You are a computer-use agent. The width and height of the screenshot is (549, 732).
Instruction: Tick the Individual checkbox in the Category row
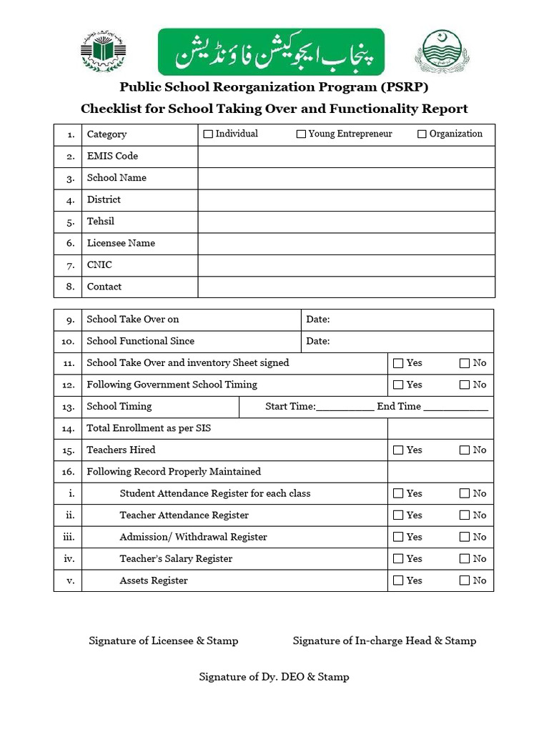[x=208, y=134]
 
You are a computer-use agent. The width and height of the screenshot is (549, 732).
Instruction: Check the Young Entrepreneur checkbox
[x=301, y=134]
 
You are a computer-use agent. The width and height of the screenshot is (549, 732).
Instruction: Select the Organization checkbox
[x=422, y=134]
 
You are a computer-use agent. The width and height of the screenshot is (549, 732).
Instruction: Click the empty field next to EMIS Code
[x=346, y=156]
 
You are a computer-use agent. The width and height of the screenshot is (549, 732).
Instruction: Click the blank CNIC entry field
[x=346, y=265]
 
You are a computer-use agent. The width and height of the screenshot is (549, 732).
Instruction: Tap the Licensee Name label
[x=121, y=243]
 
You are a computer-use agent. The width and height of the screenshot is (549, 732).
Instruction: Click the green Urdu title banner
[x=271, y=51]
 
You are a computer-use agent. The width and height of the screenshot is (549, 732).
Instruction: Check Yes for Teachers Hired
[x=398, y=450]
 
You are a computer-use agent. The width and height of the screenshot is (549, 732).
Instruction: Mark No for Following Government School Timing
[x=465, y=385]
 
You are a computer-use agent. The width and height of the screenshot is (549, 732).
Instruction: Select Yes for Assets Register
[x=398, y=580]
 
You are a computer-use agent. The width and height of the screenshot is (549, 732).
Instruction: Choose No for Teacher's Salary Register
[x=465, y=559]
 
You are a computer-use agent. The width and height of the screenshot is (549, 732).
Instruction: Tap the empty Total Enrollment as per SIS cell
[x=440, y=428]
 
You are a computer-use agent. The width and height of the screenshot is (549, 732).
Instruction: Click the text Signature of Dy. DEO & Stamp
[x=274, y=676]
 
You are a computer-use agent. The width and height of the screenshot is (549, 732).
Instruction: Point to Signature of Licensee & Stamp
[x=163, y=640]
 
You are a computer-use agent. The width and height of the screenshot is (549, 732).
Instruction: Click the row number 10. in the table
[x=69, y=342]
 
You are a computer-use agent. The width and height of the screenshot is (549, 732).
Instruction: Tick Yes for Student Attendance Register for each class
[x=398, y=493]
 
